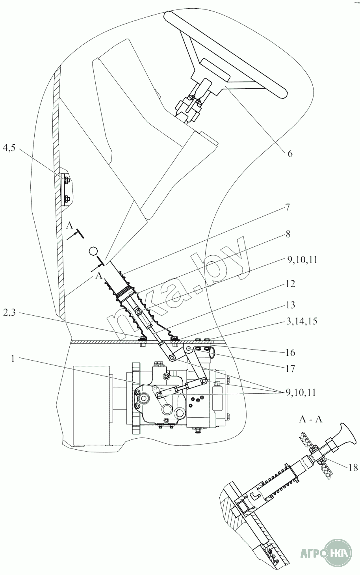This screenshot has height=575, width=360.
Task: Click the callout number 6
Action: [x=289, y=154]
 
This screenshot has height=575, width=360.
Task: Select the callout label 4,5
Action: [x=9, y=148]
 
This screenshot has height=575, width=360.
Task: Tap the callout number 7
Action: [x=288, y=207]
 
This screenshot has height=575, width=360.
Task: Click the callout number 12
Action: [x=289, y=284]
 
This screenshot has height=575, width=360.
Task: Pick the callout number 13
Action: [x=290, y=305]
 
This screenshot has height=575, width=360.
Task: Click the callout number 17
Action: [x=290, y=369]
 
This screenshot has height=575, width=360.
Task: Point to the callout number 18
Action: [x=353, y=467]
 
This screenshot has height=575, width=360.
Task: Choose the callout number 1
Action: [x=13, y=358]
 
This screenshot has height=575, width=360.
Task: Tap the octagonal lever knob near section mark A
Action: [x=93, y=251]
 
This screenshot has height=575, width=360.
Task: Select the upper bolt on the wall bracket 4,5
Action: [x=67, y=179]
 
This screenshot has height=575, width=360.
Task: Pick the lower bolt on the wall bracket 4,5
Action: [x=67, y=198]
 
